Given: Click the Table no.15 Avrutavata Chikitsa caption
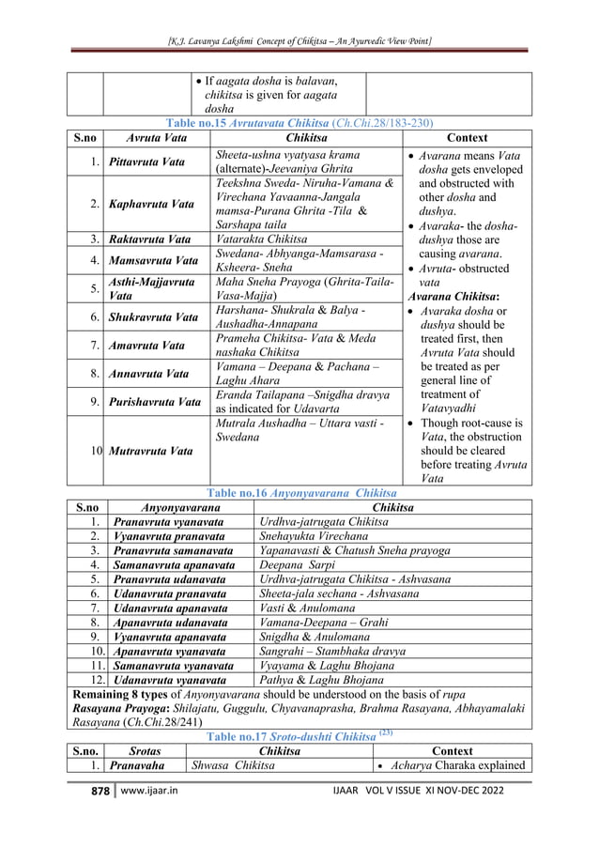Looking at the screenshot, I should (x=299, y=123).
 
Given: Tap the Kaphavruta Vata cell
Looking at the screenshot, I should (x=151, y=204).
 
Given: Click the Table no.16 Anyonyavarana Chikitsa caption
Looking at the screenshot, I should (x=299, y=491).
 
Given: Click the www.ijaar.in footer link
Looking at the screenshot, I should (x=149, y=817).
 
